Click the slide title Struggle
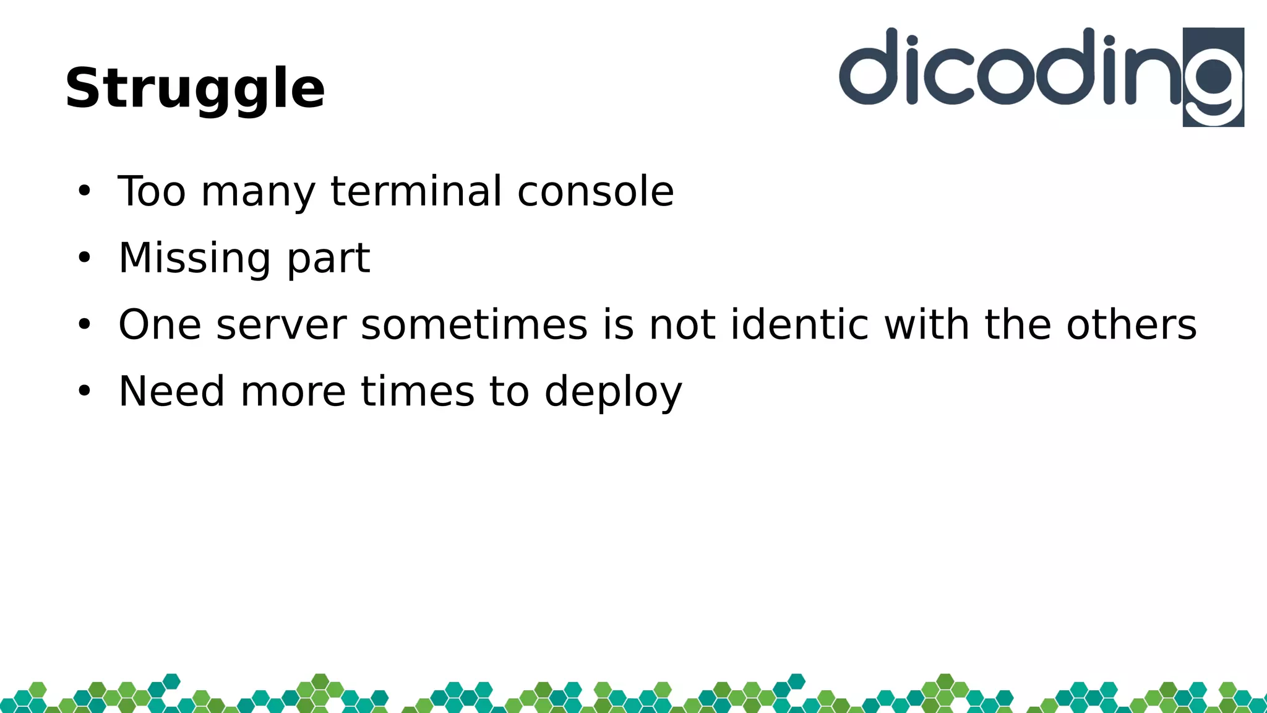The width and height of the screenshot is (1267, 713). click(195, 89)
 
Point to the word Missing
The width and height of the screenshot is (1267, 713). click(194, 259)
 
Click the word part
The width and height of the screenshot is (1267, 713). click(328, 259)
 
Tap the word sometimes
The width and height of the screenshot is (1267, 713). click(474, 325)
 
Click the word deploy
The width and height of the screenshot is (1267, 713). click(613, 392)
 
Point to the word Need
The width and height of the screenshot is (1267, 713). click(171, 391)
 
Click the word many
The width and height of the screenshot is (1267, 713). click(259, 192)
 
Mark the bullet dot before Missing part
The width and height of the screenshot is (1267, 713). click(84, 258)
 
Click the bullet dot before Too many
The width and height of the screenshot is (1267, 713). click(84, 191)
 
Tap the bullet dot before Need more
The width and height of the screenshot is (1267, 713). click(84, 391)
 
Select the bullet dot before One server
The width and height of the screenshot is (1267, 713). click(84, 324)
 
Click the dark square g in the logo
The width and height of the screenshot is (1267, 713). click(1213, 77)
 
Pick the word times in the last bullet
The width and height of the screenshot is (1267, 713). click(417, 391)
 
